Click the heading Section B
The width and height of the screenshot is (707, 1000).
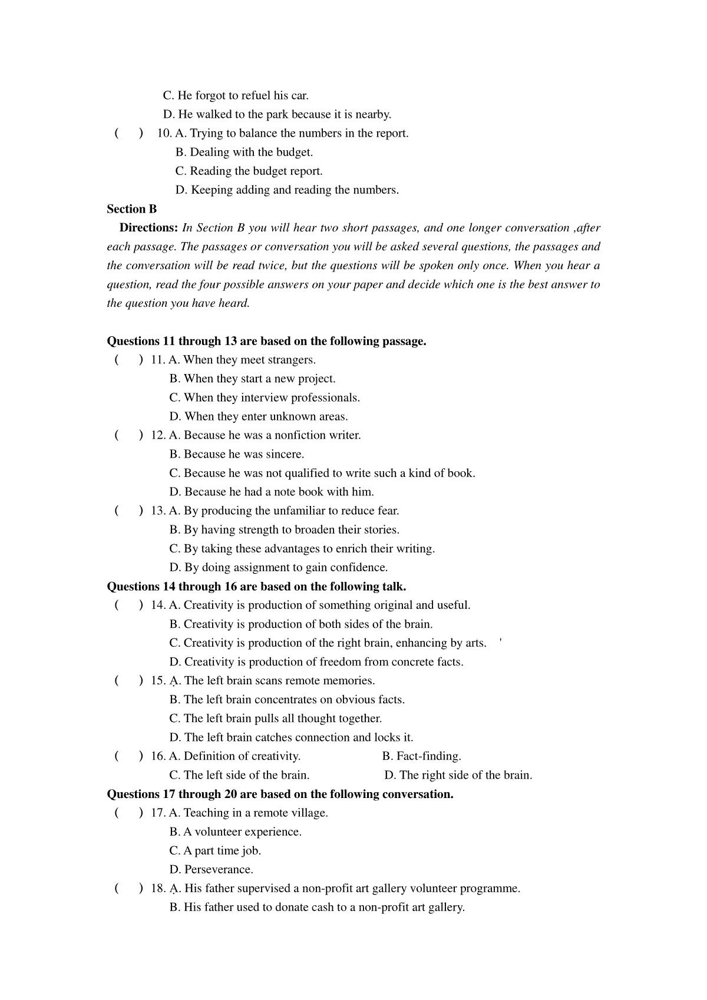click(131, 209)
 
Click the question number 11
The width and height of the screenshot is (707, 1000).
click(158, 360)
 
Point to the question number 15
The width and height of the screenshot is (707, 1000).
click(158, 681)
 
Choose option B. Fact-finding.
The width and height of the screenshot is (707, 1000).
click(421, 756)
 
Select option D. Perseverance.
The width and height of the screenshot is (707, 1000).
click(211, 870)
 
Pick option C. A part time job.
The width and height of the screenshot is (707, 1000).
click(215, 851)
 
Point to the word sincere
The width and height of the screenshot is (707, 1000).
click(285, 454)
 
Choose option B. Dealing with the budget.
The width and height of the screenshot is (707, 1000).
click(245, 153)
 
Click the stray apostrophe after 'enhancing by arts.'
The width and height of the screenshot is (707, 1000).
click(500, 640)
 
